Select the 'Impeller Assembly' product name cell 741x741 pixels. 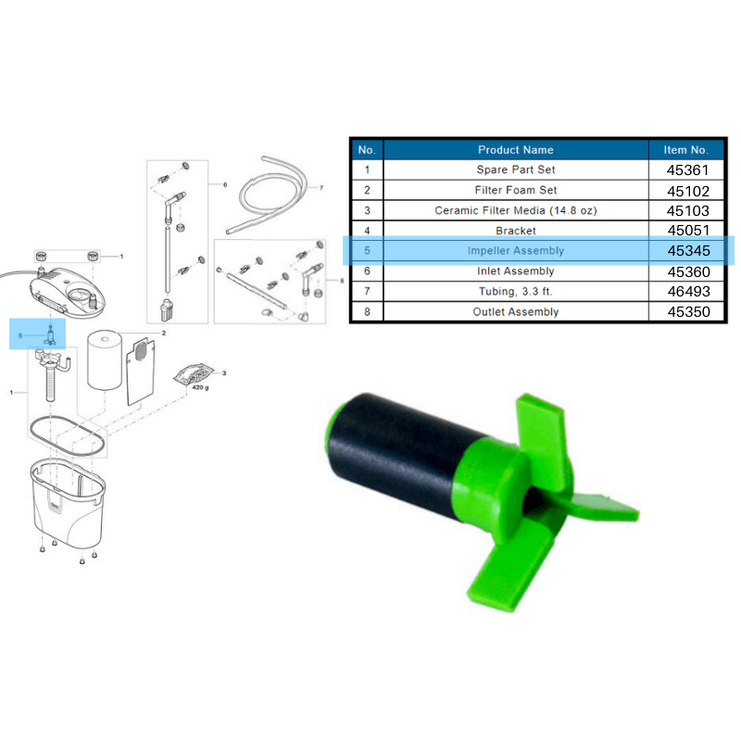[516, 251]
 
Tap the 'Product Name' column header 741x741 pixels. [516, 149]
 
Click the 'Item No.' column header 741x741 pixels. [685, 149]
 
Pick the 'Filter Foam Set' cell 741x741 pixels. [516, 190]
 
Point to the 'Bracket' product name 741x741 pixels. [516, 231]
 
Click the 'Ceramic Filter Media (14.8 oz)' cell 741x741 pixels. [516, 210]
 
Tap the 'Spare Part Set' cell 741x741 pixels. [516, 170]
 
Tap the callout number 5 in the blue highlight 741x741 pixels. [19, 335]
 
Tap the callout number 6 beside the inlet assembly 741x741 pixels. [224, 185]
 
